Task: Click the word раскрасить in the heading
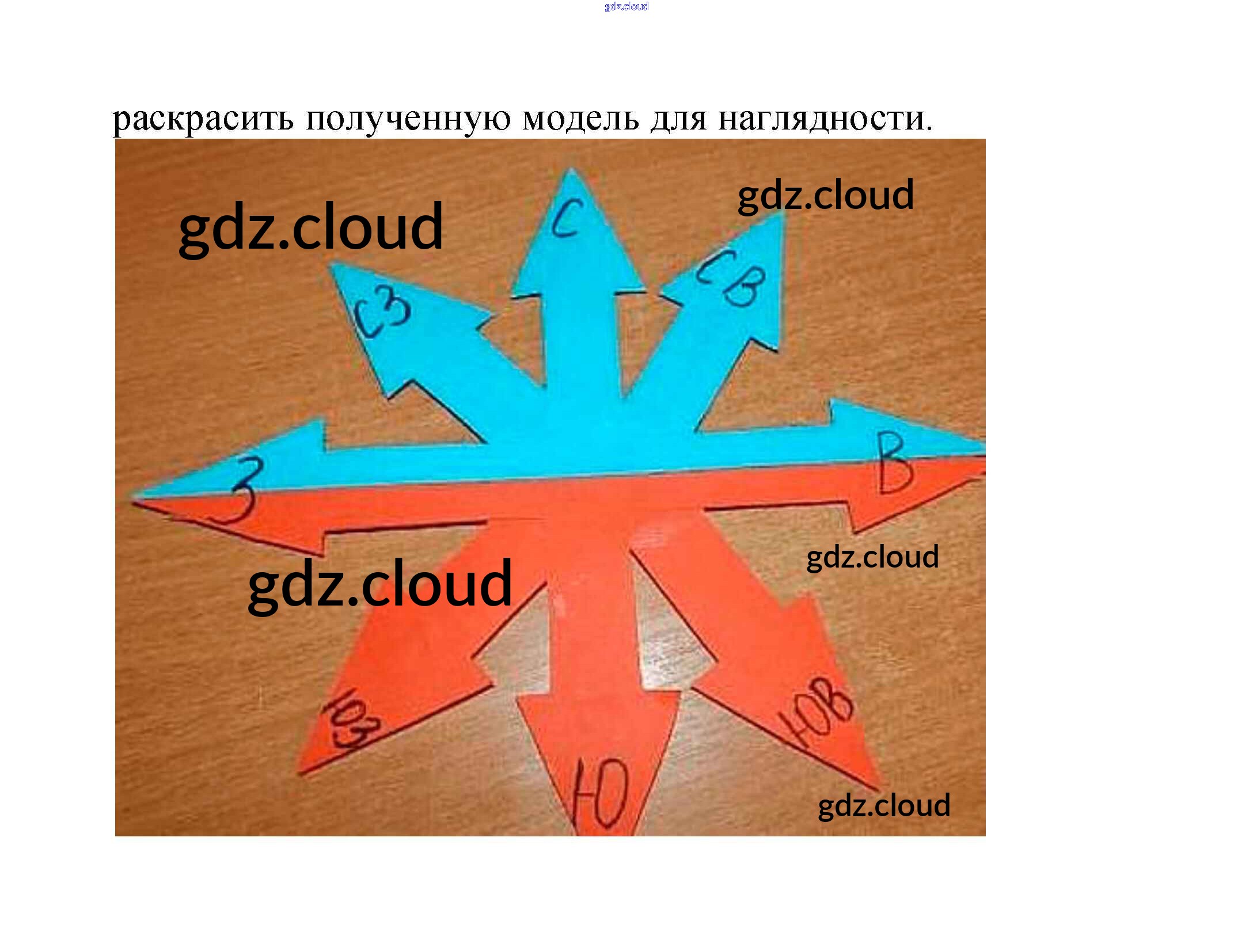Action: [202, 120]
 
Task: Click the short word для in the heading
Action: [678, 120]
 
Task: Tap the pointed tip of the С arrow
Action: [571, 170]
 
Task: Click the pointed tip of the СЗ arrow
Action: [333, 265]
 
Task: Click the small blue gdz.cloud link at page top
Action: [626, 6]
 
